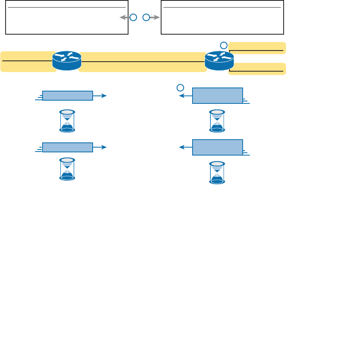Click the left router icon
pyautogui.click(x=67, y=61)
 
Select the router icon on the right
pyautogui.click(x=219, y=61)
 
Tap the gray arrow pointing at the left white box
pyautogui.click(x=124, y=18)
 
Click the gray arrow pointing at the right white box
pyautogui.click(x=154, y=18)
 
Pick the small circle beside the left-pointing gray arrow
pyautogui.click(x=133, y=18)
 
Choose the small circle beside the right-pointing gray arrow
pyautogui.click(x=146, y=18)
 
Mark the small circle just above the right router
pyautogui.click(x=224, y=45)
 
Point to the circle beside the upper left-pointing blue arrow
pyautogui.click(x=180, y=87)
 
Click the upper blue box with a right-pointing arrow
pyautogui.click(x=68, y=95)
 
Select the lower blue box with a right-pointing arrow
pyautogui.click(x=68, y=147)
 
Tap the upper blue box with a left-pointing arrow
pyautogui.click(x=218, y=95)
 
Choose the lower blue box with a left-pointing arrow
pyautogui.click(x=218, y=147)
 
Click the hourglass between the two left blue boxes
pyautogui.click(x=67, y=121)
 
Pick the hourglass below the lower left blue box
pyautogui.click(x=67, y=169)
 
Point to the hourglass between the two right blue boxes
pyautogui.click(x=217, y=121)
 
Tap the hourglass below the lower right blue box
pyautogui.click(x=217, y=172)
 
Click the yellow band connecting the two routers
pyautogui.click(x=142, y=62)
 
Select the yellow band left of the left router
pyautogui.click(x=27, y=61)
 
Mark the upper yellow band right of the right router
pyautogui.click(x=257, y=48)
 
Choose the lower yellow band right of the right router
pyautogui.click(x=257, y=69)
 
